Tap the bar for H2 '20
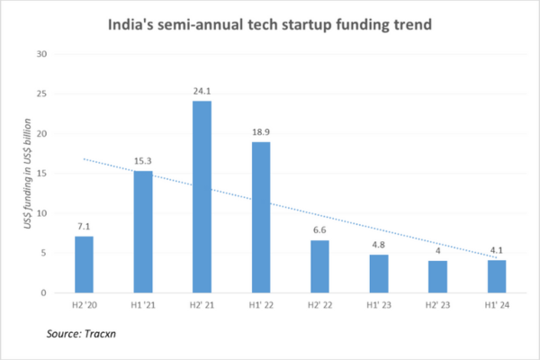(x=84, y=265)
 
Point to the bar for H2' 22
(x=320, y=266)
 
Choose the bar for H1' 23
(x=379, y=274)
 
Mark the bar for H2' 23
(x=438, y=276)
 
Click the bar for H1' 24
(x=498, y=276)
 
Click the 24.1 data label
(x=202, y=92)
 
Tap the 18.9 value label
(x=261, y=133)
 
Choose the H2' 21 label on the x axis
(x=202, y=306)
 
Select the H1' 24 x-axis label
(x=498, y=306)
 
